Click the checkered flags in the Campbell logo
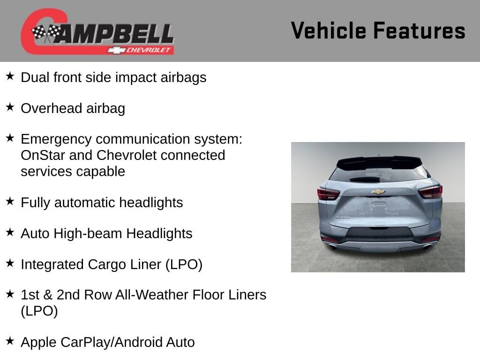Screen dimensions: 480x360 coord(46,33)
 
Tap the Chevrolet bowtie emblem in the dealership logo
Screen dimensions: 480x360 coord(116,50)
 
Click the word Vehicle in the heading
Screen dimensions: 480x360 coord(329,30)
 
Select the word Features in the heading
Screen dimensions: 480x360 coord(420,30)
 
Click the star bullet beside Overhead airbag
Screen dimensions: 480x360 coord(10,107)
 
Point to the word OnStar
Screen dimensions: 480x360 coord(43,155)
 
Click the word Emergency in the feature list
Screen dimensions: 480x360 coord(56,140)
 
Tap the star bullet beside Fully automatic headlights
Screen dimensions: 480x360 coord(10,202)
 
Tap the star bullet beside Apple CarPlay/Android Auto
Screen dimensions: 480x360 coord(10,341)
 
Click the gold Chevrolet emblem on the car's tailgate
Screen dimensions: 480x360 coord(378,192)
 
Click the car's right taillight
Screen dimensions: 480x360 coord(430,192)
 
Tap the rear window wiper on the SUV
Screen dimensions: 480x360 coord(365,180)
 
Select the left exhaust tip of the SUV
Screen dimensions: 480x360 coord(332,247)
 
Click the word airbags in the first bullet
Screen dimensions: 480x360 coord(183,78)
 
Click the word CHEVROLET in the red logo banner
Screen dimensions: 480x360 coord(148,50)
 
